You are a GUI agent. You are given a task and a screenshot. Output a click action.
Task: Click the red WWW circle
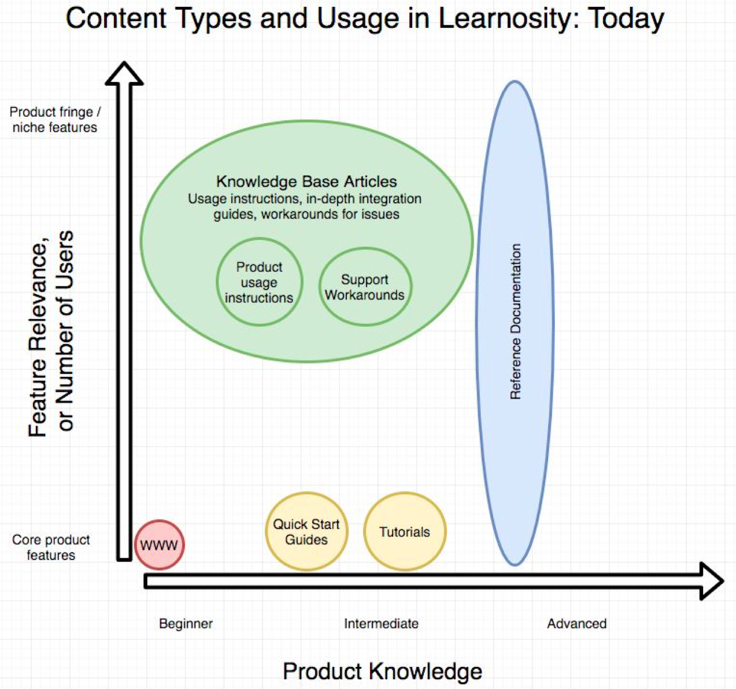pyautogui.click(x=159, y=544)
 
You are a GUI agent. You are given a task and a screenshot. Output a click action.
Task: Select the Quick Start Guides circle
pyautogui.click(x=306, y=532)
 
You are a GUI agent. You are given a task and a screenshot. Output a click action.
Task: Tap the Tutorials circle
pyautogui.click(x=405, y=532)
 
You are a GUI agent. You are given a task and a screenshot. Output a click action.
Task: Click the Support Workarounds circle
pyautogui.click(x=365, y=287)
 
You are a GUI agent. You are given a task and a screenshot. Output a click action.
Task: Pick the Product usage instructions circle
pyautogui.click(x=259, y=282)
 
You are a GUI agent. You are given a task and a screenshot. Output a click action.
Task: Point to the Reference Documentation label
pyautogui.click(x=515, y=321)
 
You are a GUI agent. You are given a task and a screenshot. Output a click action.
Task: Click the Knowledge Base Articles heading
pyautogui.click(x=306, y=181)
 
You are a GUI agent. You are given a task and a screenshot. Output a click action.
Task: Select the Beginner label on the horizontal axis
pyautogui.click(x=186, y=624)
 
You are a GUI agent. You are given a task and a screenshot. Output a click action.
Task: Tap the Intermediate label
pyautogui.click(x=381, y=624)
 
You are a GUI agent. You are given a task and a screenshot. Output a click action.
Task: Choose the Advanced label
pyautogui.click(x=576, y=624)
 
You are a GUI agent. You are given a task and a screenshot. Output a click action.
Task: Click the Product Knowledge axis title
pyautogui.click(x=382, y=671)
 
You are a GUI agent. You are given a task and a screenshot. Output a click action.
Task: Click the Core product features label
pyautogui.click(x=51, y=547)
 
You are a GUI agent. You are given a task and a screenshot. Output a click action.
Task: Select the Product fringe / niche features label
pyautogui.click(x=55, y=120)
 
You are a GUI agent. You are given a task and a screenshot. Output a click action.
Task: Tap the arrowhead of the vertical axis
pyautogui.click(x=124, y=74)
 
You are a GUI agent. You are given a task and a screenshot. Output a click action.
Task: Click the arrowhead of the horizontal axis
pyautogui.click(x=712, y=580)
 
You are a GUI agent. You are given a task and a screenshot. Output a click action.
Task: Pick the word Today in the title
pyautogui.click(x=626, y=18)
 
